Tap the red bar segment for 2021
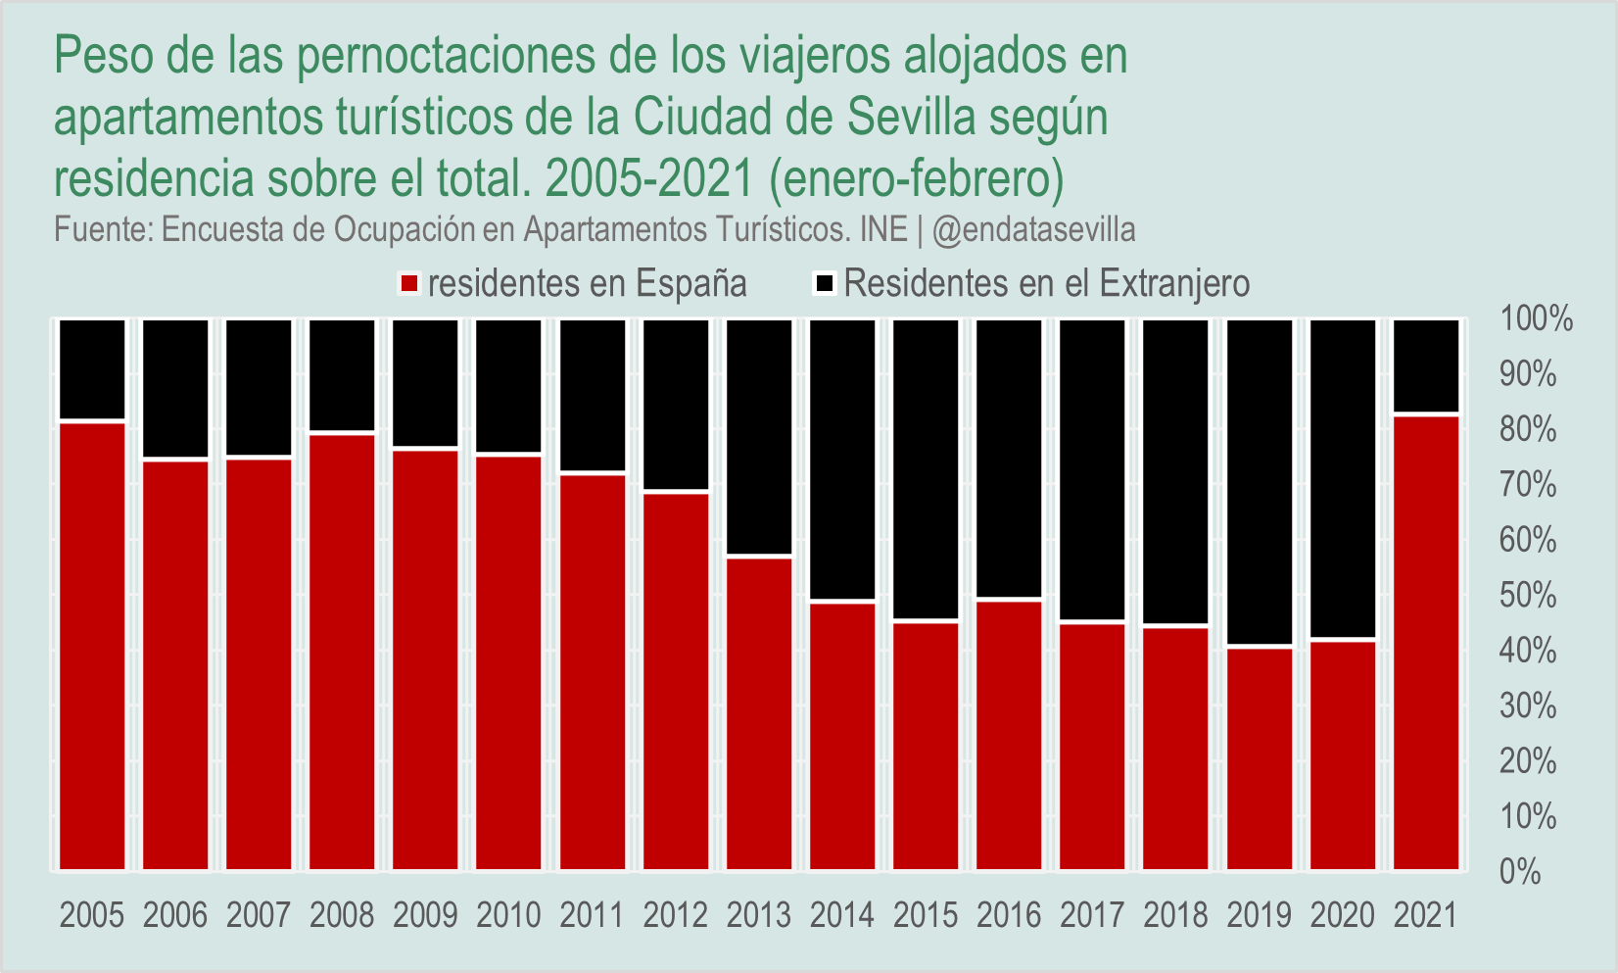pyautogui.click(x=1426, y=642)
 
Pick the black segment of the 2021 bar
pyautogui.click(x=1426, y=365)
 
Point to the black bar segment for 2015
pyautogui.click(x=926, y=469)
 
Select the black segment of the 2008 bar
pyautogui.click(x=343, y=374)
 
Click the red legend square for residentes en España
pyautogui.click(x=410, y=284)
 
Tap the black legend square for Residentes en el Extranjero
pyautogui.click(x=826, y=284)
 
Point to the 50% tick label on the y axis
pyautogui.click(x=1528, y=596)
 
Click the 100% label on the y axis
pyautogui.click(x=1535, y=319)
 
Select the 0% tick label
pyautogui.click(x=1520, y=872)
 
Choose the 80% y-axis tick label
pyautogui.click(x=1528, y=430)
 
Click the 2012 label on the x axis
pyautogui.click(x=676, y=915)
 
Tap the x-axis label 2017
pyautogui.click(x=1092, y=915)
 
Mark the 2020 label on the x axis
pyautogui.click(x=1343, y=915)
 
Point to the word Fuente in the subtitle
pyautogui.click(x=98, y=230)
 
